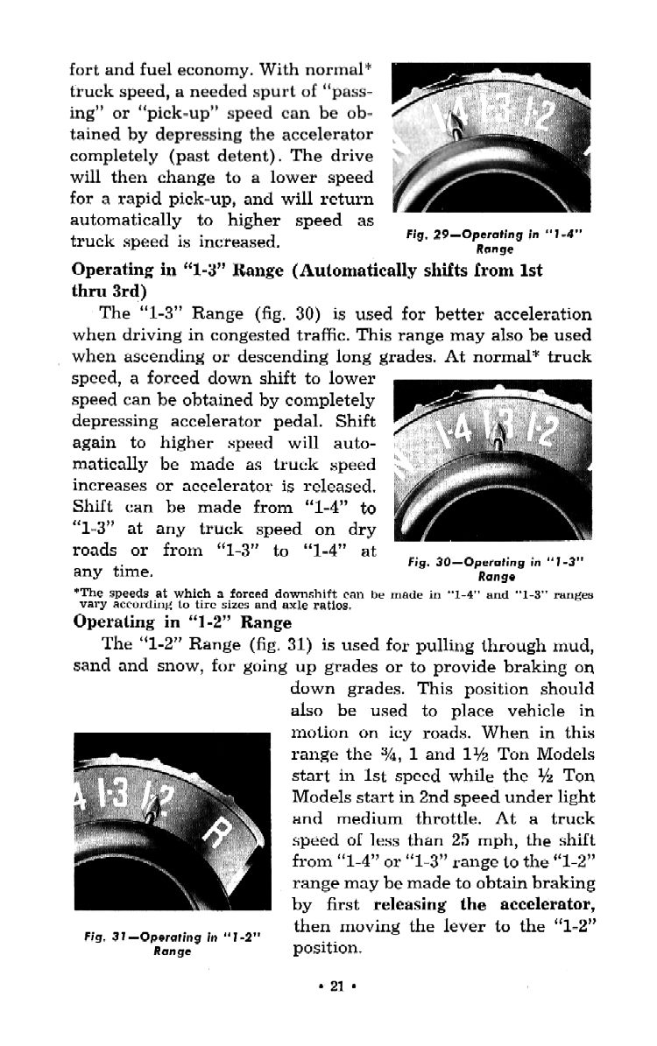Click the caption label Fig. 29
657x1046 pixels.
point(439,235)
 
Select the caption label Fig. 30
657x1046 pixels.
point(440,563)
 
